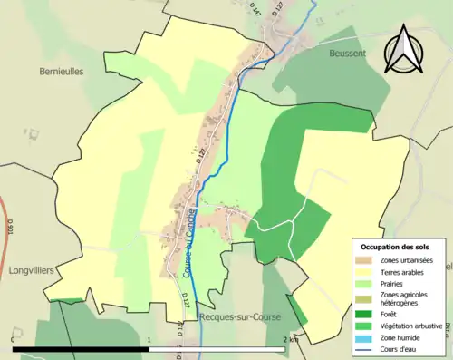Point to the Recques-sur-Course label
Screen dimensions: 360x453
point(239,316)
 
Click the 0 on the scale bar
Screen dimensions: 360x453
point(13,339)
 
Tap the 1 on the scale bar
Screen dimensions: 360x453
point(149,339)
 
